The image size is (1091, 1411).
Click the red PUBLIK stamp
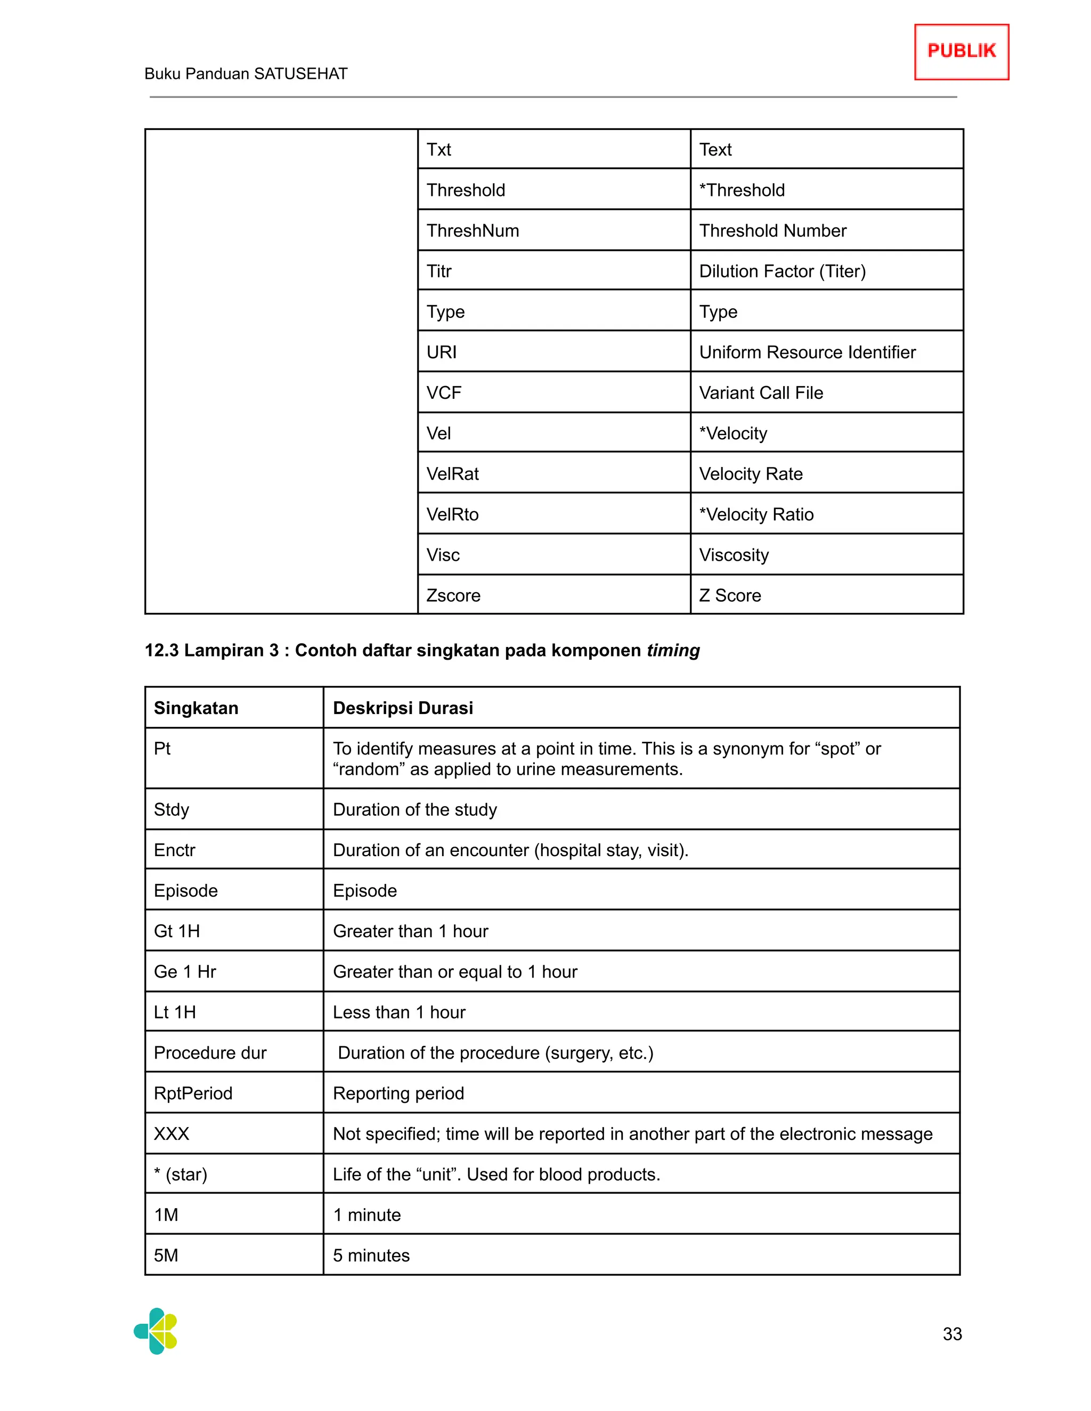(961, 52)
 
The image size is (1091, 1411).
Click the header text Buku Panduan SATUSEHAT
(246, 73)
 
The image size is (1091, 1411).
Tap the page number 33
(952, 1333)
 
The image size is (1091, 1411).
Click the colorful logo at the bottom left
(156, 1331)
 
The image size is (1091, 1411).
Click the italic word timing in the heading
(673, 650)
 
